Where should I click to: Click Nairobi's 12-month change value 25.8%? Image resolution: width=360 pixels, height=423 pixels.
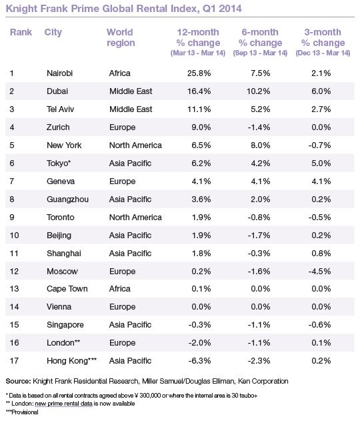199,73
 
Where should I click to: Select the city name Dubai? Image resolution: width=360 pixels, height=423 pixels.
57,91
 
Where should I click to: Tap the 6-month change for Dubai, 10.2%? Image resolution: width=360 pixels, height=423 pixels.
259,91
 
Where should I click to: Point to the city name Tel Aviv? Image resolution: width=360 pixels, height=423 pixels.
60,109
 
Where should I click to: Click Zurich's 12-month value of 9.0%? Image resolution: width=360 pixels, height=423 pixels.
201,127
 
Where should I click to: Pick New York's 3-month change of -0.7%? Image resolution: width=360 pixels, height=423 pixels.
320,145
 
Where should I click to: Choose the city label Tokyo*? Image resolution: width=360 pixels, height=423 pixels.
59,163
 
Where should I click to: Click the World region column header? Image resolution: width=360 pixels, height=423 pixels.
121,37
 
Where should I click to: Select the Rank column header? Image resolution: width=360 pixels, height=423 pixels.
21,32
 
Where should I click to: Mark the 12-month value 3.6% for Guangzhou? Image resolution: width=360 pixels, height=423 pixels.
201,199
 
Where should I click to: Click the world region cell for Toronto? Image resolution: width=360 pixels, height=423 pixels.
135,217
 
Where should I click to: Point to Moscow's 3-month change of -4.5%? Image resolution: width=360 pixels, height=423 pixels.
320,271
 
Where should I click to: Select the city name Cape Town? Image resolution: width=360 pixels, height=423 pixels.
67,289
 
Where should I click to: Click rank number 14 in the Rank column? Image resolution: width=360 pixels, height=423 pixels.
14,307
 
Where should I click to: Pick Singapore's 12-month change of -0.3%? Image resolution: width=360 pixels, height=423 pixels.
200,325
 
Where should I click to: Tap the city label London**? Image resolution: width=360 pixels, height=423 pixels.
63,343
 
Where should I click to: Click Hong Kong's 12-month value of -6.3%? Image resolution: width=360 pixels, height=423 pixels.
200,361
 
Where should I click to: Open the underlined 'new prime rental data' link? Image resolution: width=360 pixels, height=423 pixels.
63,404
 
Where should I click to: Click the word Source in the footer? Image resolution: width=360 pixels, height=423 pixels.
18,381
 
